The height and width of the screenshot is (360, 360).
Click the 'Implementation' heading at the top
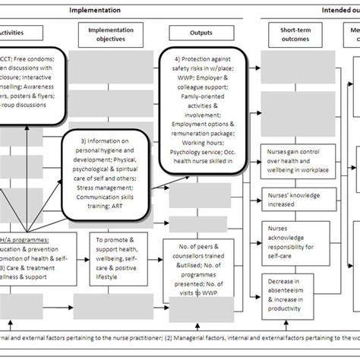point(94,10)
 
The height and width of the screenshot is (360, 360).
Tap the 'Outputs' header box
point(201,33)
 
